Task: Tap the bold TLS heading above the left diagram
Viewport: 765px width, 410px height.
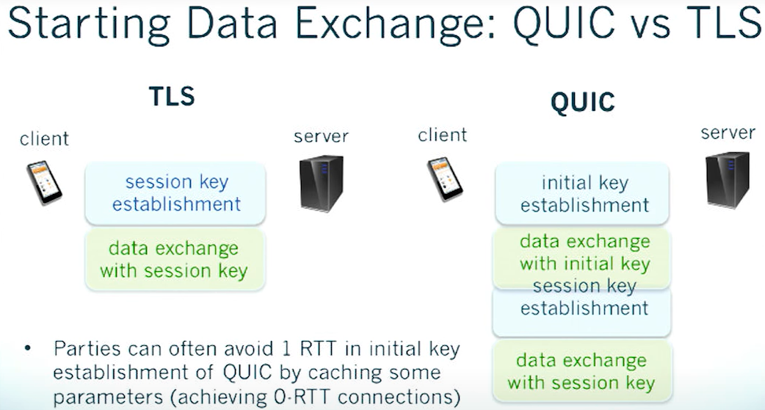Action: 172,97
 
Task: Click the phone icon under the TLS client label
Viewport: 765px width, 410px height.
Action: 44,181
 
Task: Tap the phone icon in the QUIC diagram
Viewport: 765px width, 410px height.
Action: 443,179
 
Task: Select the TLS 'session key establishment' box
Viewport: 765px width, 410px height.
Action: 176,193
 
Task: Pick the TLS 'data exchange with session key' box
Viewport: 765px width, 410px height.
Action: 174,259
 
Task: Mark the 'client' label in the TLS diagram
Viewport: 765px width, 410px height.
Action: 44,138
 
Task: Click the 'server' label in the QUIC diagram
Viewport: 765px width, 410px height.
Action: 728,133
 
